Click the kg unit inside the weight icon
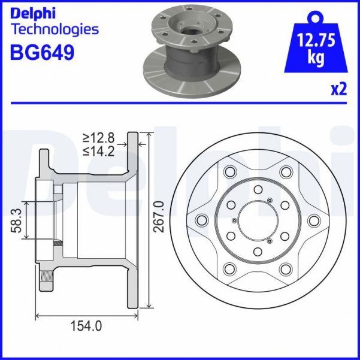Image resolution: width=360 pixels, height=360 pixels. click(x=316, y=58)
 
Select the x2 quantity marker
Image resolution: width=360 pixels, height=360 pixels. click(x=339, y=90)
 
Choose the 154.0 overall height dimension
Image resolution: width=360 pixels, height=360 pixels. click(x=86, y=326)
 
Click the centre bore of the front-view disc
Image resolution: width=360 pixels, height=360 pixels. click(x=256, y=219)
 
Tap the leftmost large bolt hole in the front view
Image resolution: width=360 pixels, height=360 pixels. click(x=202, y=219)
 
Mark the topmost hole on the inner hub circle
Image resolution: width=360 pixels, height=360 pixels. click(x=256, y=187)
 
